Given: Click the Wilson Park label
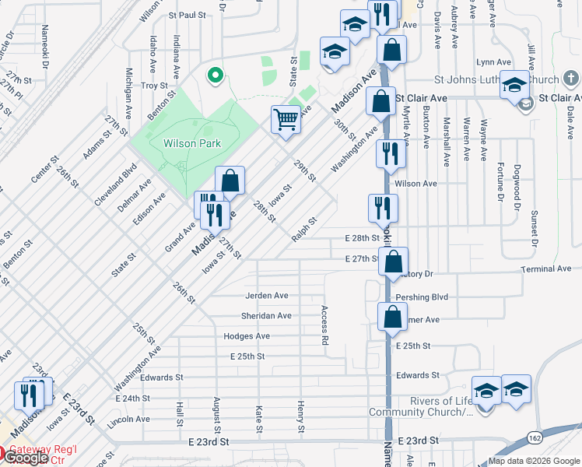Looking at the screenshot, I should point(192,143).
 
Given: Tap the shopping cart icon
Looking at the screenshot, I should point(286,119).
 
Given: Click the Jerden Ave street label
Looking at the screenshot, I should point(267,296).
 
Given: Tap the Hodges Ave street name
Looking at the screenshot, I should point(246,336).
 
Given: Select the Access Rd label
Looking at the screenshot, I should point(324,325).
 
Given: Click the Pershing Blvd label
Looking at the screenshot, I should point(422,297).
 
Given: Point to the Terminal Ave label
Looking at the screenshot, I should point(547,269).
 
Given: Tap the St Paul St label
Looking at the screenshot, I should point(187,15).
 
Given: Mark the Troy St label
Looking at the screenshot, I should point(154,86).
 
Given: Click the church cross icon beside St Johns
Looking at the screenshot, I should point(571,79).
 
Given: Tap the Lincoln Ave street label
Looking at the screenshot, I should point(129,420).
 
